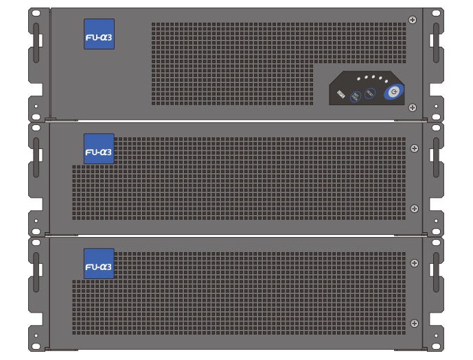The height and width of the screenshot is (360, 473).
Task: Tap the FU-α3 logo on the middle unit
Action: coord(99,149)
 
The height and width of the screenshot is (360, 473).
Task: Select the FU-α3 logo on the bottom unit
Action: coord(99,264)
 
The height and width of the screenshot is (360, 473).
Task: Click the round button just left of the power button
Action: coord(371,93)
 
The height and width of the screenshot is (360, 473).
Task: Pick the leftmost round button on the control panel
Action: coord(356,96)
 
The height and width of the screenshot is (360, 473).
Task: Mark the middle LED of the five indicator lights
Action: coord(373,76)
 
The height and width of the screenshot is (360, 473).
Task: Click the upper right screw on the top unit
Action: coord(412,20)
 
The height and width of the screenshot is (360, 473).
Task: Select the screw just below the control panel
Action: coord(412,107)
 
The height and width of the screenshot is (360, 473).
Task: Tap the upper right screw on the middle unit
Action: coord(414,148)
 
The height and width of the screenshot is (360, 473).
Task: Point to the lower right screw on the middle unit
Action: coord(414,208)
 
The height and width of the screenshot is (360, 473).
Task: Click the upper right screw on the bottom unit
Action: coord(414,263)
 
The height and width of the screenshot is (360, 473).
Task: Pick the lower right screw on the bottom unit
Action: coord(414,323)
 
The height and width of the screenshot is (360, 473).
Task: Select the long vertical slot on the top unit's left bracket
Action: coord(36,35)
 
